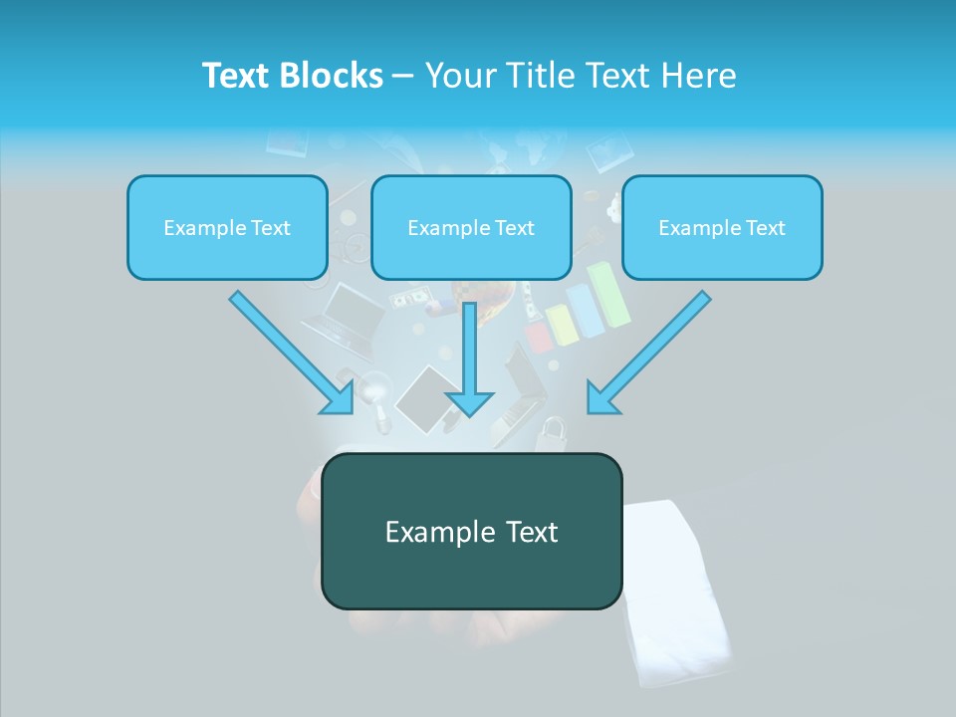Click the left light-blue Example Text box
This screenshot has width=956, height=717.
[x=227, y=228]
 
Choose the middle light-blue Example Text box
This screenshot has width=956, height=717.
[x=471, y=228]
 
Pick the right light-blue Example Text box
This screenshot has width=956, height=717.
[x=722, y=228]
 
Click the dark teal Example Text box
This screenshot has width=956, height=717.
[x=472, y=532]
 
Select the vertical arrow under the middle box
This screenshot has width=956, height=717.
[x=470, y=349]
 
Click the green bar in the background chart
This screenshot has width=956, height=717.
[x=609, y=294]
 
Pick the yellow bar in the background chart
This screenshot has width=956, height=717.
[x=563, y=326]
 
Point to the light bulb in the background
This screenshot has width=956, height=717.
[x=375, y=393]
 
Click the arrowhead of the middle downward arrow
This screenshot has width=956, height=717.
[x=470, y=402]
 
